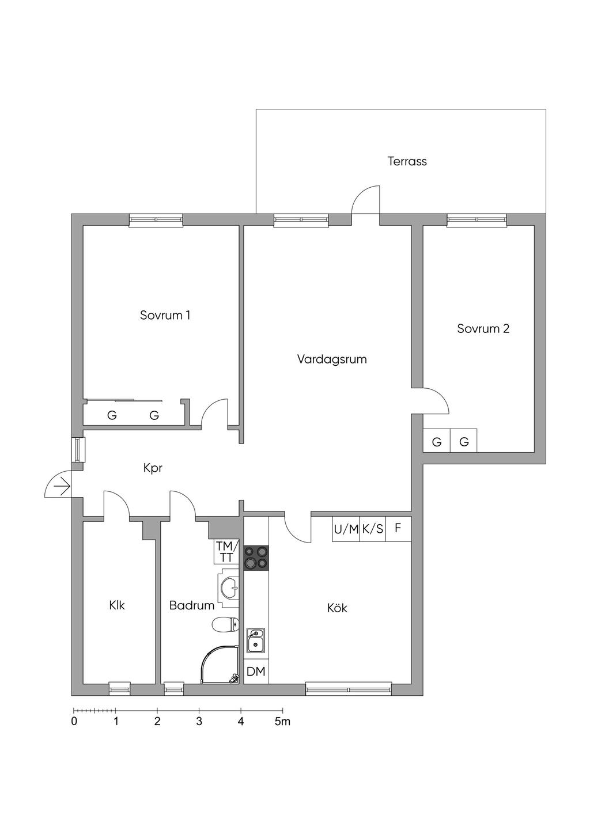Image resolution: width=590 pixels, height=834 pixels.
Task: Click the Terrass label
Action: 407,161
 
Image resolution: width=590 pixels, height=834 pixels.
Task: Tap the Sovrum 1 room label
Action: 165,315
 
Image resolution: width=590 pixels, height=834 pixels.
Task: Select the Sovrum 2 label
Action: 483,329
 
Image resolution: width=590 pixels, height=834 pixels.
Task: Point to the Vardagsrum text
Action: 332,359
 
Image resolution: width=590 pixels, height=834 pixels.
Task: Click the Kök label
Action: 337,608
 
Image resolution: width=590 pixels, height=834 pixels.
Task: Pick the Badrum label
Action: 191,605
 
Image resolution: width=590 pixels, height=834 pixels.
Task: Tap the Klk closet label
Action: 117,605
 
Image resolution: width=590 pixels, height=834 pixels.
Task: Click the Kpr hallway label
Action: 153,468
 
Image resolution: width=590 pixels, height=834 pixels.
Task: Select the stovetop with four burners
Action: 256,558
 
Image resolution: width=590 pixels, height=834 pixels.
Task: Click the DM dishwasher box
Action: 256,671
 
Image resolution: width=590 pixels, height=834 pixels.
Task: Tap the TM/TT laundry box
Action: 226,551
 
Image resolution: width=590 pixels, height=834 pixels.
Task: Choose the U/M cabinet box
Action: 346,529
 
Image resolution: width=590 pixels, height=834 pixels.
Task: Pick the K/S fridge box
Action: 373,529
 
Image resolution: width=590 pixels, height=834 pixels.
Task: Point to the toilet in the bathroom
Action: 226,624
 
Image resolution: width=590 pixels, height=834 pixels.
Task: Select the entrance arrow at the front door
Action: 61,488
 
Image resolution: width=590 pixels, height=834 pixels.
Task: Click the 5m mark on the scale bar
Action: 282,722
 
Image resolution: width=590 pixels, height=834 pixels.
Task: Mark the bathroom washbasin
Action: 230,589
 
